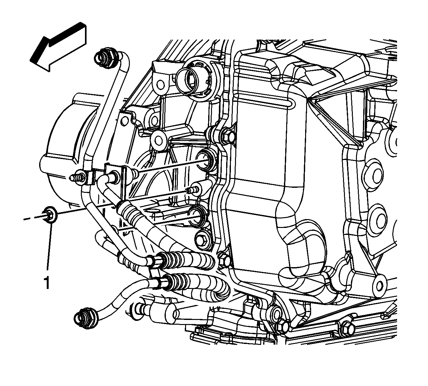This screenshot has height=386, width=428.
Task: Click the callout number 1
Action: (47, 282)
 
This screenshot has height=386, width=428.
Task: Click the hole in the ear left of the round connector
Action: (160, 84)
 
